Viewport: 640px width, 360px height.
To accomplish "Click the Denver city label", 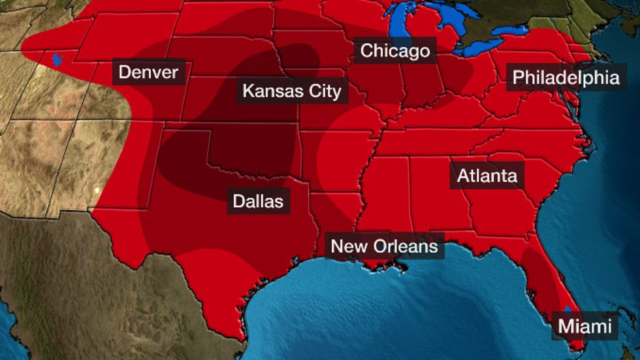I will coord(148,72).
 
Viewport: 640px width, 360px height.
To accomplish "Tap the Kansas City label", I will coord(291,91).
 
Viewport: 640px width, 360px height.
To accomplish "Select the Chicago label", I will coord(395,50).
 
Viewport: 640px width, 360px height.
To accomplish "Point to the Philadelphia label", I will coord(566,78).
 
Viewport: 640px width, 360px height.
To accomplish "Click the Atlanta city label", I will coord(487,176).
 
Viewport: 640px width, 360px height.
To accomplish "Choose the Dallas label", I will coord(259,201).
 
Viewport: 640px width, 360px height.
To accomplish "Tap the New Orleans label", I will coord(384,246).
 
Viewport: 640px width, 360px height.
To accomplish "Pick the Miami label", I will coord(584,325).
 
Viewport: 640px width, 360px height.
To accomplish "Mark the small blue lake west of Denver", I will coord(57,60).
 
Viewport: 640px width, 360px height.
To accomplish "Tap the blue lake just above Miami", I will coord(567,308).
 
